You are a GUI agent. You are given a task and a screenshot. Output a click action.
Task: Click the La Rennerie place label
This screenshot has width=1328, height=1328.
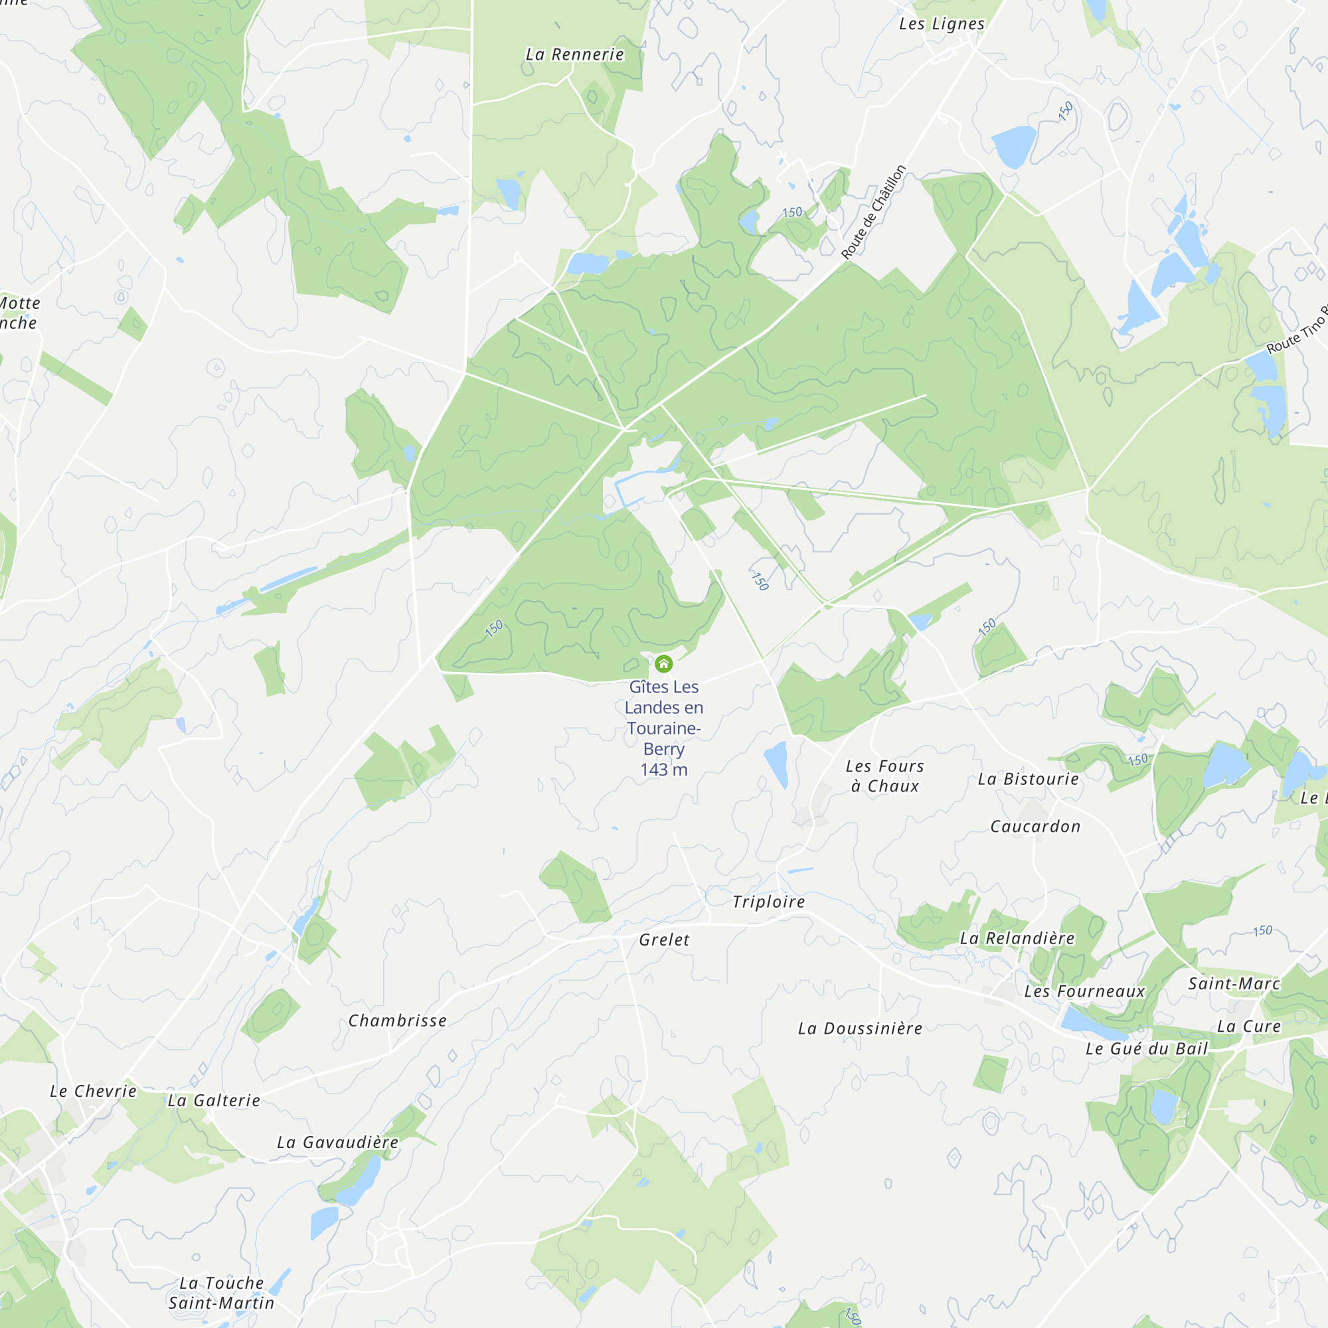(x=574, y=54)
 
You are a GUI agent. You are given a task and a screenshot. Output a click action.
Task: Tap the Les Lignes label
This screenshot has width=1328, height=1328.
(x=942, y=24)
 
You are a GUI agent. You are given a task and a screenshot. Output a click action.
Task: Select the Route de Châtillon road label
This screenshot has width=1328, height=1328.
(x=874, y=212)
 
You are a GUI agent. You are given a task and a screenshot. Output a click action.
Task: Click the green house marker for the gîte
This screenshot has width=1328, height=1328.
(x=663, y=663)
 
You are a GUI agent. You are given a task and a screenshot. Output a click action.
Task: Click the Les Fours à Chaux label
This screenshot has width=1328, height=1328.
(x=884, y=776)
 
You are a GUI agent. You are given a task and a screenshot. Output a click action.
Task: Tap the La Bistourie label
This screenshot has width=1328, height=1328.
(x=1029, y=779)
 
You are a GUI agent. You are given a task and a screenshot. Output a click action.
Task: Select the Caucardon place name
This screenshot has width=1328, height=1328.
(x=1035, y=826)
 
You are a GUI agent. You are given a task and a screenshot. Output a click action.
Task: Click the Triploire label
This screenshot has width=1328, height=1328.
(x=768, y=902)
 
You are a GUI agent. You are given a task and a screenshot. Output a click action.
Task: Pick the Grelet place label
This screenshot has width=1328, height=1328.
(x=664, y=940)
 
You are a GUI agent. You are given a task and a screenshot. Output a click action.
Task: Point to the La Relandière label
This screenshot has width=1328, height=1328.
(x=1017, y=938)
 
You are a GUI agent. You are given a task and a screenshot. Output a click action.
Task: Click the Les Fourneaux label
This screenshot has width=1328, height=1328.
(x=1085, y=991)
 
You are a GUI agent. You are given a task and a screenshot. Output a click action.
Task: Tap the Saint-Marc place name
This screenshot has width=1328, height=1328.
(x=1234, y=983)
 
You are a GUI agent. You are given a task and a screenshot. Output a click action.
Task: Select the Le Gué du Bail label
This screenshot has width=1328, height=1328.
(x=1147, y=1048)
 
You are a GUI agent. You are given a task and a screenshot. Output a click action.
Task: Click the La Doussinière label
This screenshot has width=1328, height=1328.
(x=860, y=1029)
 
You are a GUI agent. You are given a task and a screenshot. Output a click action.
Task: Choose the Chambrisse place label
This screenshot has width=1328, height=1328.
(x=397, y=1021)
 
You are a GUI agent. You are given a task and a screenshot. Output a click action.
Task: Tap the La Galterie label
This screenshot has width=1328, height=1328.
(x=214, y=1100)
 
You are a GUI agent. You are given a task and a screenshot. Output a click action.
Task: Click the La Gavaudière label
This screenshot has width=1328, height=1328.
(x=337, y=1142)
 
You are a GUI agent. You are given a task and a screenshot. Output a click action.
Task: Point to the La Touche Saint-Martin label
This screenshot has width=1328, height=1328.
(x=221, y=1293)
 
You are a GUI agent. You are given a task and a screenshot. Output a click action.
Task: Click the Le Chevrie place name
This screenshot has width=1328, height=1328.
(x=94, y=1091)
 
